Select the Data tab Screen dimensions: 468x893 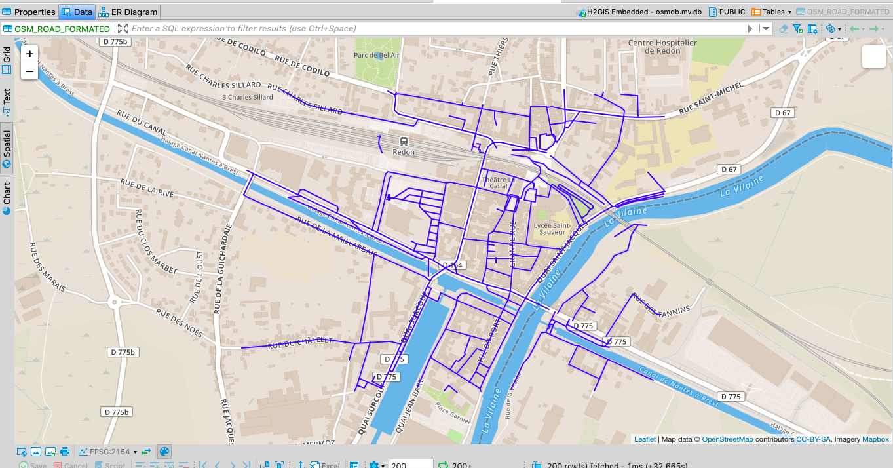coord(77,12)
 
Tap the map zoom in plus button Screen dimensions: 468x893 coord(29,54)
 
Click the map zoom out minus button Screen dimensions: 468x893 coord(29,71)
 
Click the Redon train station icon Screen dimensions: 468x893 coord(404,141)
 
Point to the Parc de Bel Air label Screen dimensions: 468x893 coord(377,56)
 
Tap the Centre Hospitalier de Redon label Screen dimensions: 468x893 coord(662,47)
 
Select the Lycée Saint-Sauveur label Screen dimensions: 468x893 coord(551,229)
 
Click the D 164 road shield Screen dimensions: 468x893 coord(452,265)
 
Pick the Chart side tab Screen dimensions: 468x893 coord(7,197)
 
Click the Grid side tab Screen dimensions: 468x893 coord(7,60)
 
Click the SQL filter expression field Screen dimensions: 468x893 coord(432,29)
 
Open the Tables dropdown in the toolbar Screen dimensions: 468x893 coord(772,12)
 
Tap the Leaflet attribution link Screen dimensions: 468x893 coord(645,439)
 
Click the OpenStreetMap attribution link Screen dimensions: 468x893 coord(727,439)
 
